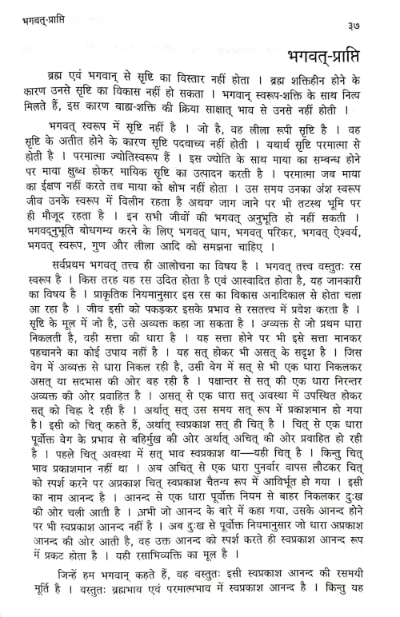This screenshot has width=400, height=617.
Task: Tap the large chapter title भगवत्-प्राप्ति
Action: (334, 52)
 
